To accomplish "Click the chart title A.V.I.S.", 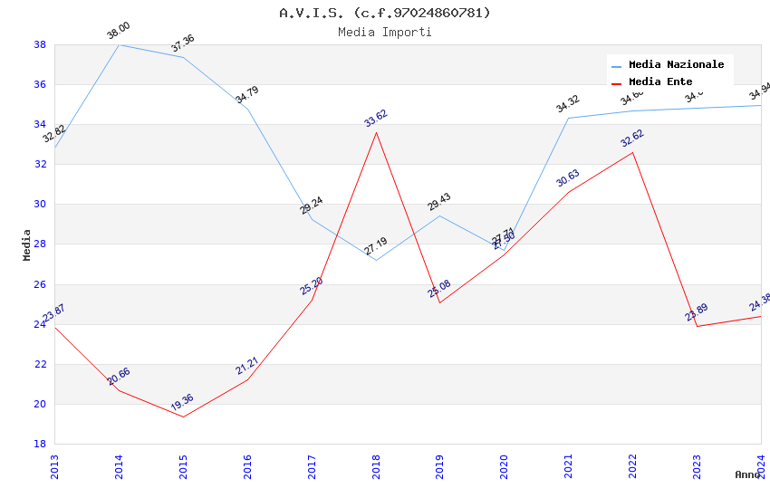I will (x=384, y=13).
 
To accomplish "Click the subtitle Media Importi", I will (x=384, y=32).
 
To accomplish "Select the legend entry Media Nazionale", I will (x=676, y=64).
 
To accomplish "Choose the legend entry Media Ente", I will (x=660, y=81).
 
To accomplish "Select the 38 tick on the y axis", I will (x=40, y=44).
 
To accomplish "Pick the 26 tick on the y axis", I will (x=40, y=284).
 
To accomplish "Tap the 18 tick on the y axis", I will (x=40, y=444).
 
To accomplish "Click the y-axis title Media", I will (x=27, y=244).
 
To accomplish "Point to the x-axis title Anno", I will (x=748, y=474).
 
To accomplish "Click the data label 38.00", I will (x=119, y=31).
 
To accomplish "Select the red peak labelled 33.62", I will (x=376, y=132).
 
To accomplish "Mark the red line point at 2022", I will (x=633, y=152).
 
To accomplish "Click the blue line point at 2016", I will (x=247, y=109).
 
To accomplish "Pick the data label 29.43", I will (x=439, y=202).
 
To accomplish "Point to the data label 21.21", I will (x=247, y=366).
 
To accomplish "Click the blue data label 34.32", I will (x=568, y=104).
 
